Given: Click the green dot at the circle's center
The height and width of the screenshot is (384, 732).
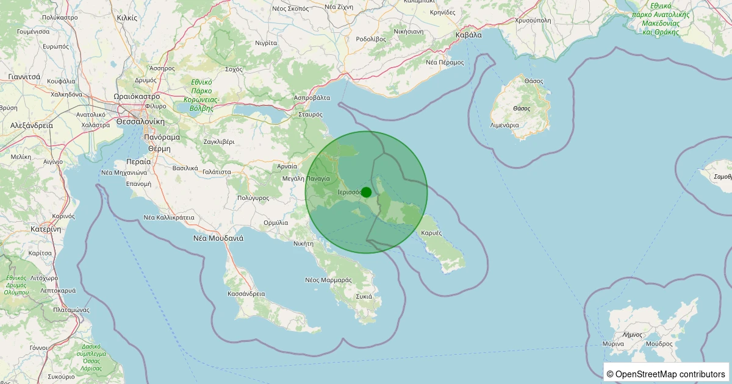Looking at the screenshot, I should point(366,192).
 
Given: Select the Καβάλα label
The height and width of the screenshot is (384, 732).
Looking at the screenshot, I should point(468,35).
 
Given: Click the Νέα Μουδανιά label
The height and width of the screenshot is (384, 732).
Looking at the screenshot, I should point(218,238).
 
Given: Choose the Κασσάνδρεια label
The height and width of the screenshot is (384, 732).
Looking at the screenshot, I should point(246,293).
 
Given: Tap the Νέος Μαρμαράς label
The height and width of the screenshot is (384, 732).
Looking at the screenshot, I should point(328,280).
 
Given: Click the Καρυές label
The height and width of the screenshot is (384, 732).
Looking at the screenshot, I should point(431,233).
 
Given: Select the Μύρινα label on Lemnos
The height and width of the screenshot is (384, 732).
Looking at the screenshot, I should point(612,344).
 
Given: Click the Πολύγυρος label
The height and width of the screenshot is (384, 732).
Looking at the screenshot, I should point(253,198).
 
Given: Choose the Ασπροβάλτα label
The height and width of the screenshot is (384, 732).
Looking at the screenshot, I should point(312,98).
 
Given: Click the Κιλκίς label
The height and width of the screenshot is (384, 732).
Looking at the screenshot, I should point(126,18).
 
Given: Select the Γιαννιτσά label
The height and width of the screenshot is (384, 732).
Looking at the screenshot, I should point(24,77).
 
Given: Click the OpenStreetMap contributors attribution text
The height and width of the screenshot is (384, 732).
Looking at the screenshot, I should point(666,374).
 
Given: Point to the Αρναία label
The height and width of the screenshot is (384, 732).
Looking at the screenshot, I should point(287,166).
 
